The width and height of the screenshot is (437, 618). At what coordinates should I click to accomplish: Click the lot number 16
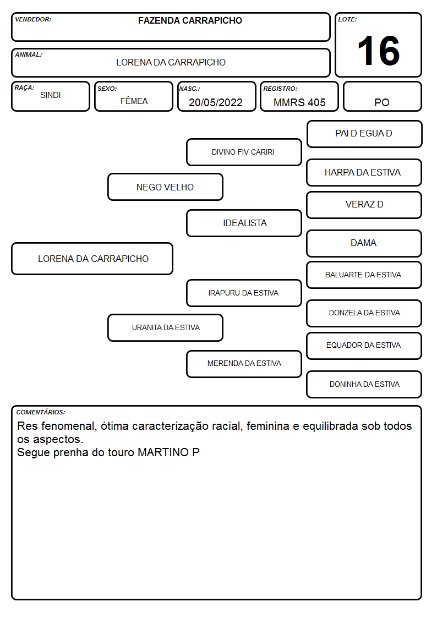coord(378,51)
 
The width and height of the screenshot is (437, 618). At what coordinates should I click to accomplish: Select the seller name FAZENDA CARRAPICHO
coord(190,20)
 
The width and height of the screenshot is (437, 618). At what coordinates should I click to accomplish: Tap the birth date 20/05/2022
coord(216,102)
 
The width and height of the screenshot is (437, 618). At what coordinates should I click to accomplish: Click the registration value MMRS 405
coord(299,102)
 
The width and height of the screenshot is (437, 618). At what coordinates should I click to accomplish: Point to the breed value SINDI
coord(51,95)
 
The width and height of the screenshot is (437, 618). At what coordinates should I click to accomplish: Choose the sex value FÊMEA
coord(134,101)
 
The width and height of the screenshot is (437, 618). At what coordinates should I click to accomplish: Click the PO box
coord(382,96)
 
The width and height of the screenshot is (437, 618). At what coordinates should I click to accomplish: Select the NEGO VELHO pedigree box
coord(165,187)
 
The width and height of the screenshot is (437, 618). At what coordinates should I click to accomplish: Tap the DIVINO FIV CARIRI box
coord(244,152)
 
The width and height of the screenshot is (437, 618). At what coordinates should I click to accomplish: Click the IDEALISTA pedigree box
coord(244,223)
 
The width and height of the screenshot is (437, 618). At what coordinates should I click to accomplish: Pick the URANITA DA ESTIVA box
coord(165,327)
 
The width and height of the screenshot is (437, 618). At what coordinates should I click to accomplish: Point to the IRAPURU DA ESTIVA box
coord(244,293)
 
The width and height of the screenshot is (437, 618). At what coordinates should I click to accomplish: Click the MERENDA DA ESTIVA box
coord(244,364)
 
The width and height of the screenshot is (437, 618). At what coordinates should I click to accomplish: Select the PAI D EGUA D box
coord(364,134)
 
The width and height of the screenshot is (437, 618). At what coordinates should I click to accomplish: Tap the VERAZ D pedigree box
coord(364,205)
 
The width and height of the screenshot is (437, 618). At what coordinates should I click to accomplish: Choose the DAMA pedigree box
coord(364,243)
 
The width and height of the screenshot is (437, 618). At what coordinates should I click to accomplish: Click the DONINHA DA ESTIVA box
coord(364,384)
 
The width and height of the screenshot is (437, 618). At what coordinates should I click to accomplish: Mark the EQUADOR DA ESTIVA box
coord(364,346)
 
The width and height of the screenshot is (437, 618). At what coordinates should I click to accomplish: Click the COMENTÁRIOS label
coord(41,412)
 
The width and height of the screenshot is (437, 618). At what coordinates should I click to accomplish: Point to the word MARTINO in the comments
coord(163,452)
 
